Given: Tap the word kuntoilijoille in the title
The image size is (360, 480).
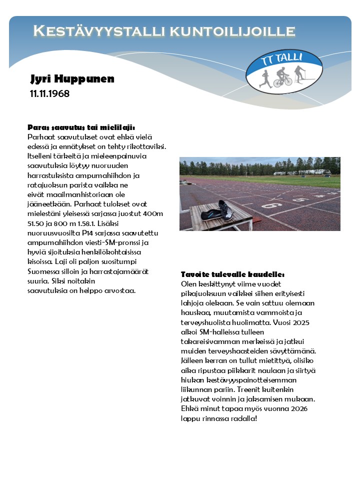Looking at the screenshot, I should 232,31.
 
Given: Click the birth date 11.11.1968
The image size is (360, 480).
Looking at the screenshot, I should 49,93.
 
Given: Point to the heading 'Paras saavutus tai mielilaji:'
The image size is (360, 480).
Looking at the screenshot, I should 81,127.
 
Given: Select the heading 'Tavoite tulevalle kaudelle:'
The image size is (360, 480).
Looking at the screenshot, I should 232,274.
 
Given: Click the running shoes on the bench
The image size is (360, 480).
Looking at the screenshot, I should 218,210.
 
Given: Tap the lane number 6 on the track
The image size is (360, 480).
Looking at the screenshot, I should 273,205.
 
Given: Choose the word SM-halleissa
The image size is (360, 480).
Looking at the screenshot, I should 221,332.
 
